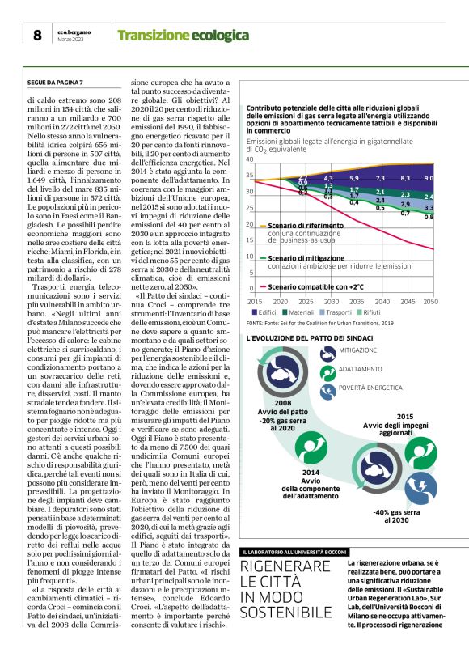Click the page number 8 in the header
(x=37, y=35)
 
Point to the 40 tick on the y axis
(x=249, y=159)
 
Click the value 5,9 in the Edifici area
(x=354, y=177)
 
